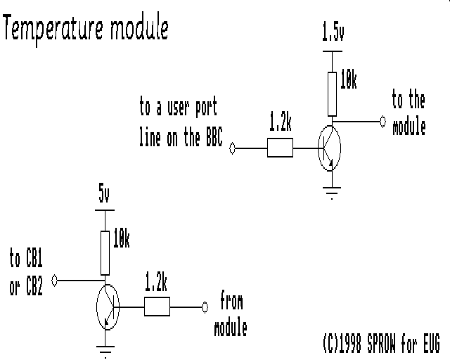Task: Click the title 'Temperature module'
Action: pyautogui.click(x=86, y=30)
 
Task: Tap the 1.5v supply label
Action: pyautogui.click(x=333, y=32)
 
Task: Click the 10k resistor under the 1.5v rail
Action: pyautogui.click(x=332, y=94)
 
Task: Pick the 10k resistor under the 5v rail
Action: pyautogui.click(x=105, y=253)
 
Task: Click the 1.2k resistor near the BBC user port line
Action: pyautogui.click(x=280, y=148)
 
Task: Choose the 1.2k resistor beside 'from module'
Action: pyautogui.click(x=157, y=307)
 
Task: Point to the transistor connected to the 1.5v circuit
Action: pyautogui.click(x=330, y=148)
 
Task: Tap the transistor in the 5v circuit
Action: pyautogui.click(x=108, y=307)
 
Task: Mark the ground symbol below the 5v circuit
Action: pyautogui.click(x=105, y=352)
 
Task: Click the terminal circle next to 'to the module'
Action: pyautogui.click(x=382, y=122)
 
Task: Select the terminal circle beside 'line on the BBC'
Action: pyautogui.click(x=233, y=148)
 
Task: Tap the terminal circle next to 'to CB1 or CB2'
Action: pyautogui.click(x=55, y=281)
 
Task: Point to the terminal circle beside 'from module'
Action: pyautogui.click(x=205, y=307)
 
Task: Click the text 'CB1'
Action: pyautogui.click(x=34, y=258)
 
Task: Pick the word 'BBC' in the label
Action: pyautogui.click(x=214, y=136)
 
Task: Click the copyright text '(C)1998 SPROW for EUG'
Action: pyautogui.click(x=381, y=343)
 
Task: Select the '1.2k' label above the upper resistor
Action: pyautogui.click(x=280, y=122)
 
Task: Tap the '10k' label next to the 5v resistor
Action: pyautogui.click(x=122, y=238)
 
